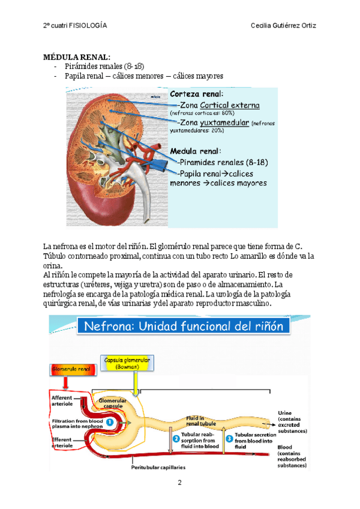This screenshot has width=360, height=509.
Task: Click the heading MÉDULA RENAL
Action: pos(76,56)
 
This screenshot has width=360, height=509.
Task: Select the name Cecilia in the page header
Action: pos(268,26)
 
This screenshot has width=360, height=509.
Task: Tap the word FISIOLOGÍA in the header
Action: pos(88,26)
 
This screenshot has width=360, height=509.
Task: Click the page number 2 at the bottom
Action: pos(179,483)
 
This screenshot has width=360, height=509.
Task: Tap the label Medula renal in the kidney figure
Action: pos(196,151)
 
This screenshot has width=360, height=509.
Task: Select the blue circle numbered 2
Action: pos(176,439)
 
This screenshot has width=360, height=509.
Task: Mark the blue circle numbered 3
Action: pos(229,438)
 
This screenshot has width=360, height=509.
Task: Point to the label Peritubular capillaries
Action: pos(158,466)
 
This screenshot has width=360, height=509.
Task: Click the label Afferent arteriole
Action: pos(62,400)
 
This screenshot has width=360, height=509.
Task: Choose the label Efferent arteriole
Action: pos(62,443)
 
